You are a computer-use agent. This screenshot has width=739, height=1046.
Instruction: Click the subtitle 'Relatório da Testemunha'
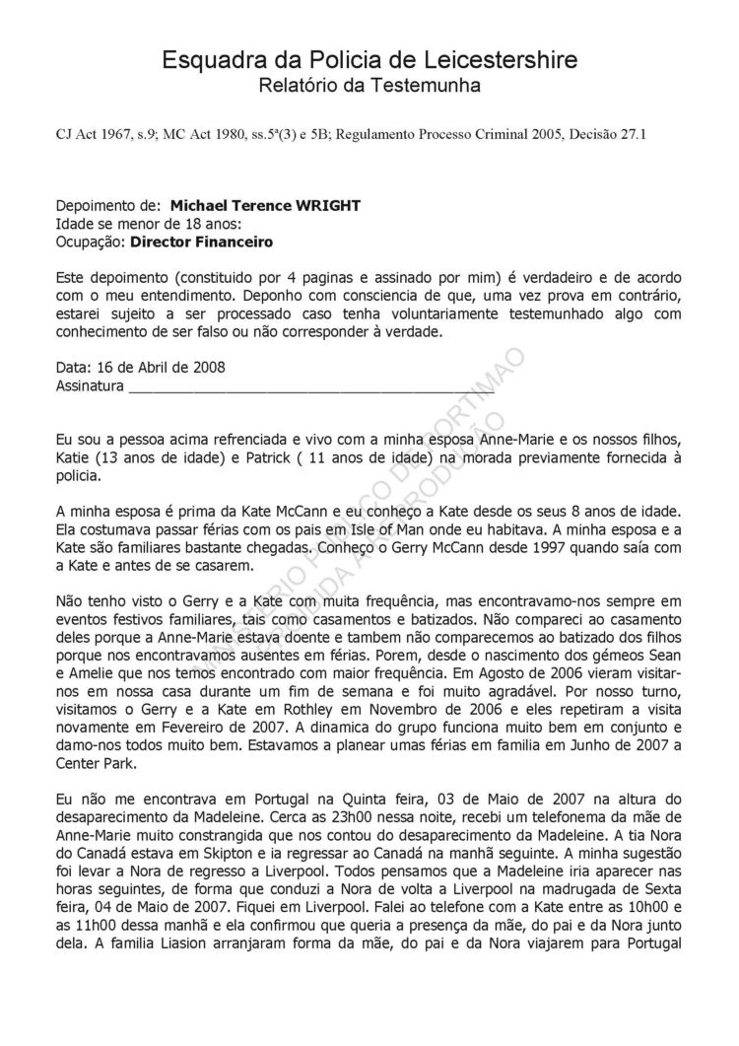(369, 87)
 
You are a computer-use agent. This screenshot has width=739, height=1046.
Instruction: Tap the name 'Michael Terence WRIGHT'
(265, 206)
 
